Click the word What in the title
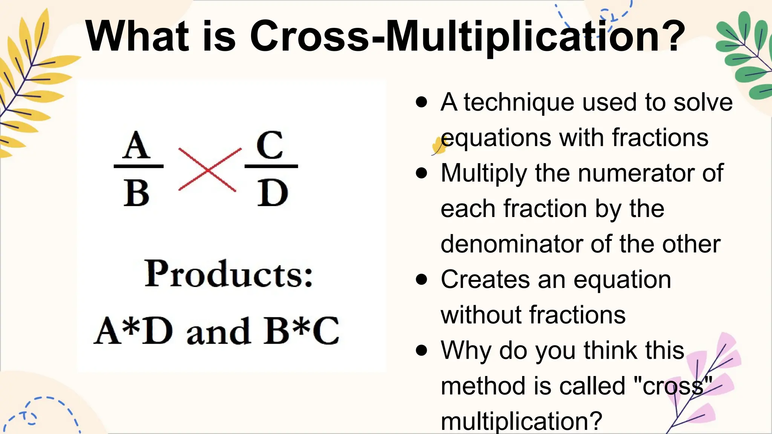coord(137,36)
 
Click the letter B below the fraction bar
coord(136,193)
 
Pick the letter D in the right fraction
coord(272,193)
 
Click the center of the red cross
coord(208,170)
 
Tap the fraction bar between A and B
coord(138,166)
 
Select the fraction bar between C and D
coord(271,166)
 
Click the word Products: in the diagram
coord(229,274)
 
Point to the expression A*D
coord(133,331)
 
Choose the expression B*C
coord(301,331)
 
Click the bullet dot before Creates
coord(421,280)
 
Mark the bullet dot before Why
coord(421,350)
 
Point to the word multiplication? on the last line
coord(521,421)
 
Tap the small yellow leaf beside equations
coord(438,146)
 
